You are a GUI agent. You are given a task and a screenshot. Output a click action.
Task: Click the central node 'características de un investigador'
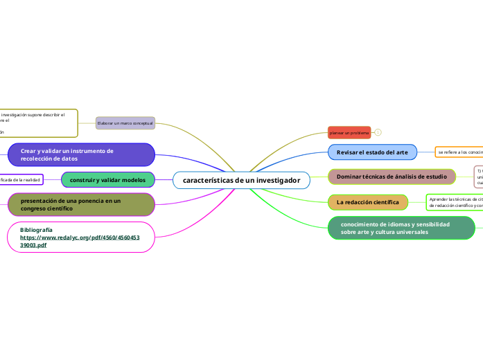coord(241,180)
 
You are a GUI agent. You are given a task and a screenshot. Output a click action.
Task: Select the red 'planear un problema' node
coord(349,132)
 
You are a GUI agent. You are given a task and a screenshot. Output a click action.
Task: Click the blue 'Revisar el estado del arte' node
coord(372,152)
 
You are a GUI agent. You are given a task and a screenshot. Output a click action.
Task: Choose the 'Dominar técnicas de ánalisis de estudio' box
coord(392,177)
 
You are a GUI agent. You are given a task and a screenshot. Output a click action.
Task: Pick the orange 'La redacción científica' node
coord(368,202)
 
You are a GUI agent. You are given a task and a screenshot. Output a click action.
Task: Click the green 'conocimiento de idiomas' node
coord(401,228)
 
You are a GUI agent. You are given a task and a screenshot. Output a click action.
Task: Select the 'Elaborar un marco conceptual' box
coord(125,123)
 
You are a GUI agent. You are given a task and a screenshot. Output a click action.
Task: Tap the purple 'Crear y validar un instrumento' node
coord(80,154)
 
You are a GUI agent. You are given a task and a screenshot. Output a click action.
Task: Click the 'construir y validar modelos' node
coord(107,180)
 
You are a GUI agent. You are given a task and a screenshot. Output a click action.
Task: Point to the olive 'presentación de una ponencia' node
coord(80,204)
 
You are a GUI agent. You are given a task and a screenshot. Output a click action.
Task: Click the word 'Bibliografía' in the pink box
coord(37,229)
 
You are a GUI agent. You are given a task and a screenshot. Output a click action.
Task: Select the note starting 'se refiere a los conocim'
coord(459,152)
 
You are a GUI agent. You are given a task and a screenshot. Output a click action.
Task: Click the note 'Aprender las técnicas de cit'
coord(455,202)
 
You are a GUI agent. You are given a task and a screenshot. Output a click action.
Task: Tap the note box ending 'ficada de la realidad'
coord(21,180)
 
